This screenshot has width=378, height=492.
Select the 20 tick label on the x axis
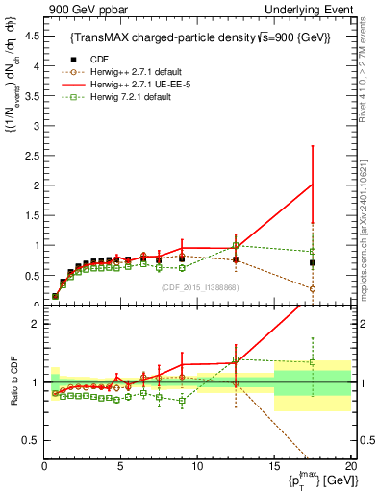click(349, 466)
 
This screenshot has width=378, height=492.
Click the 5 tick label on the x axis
click(120, 466)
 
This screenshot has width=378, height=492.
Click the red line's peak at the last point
click(312, 184)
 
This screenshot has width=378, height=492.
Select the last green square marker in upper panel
click(312, 252)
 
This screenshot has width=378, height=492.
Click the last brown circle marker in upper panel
click(312, 288)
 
